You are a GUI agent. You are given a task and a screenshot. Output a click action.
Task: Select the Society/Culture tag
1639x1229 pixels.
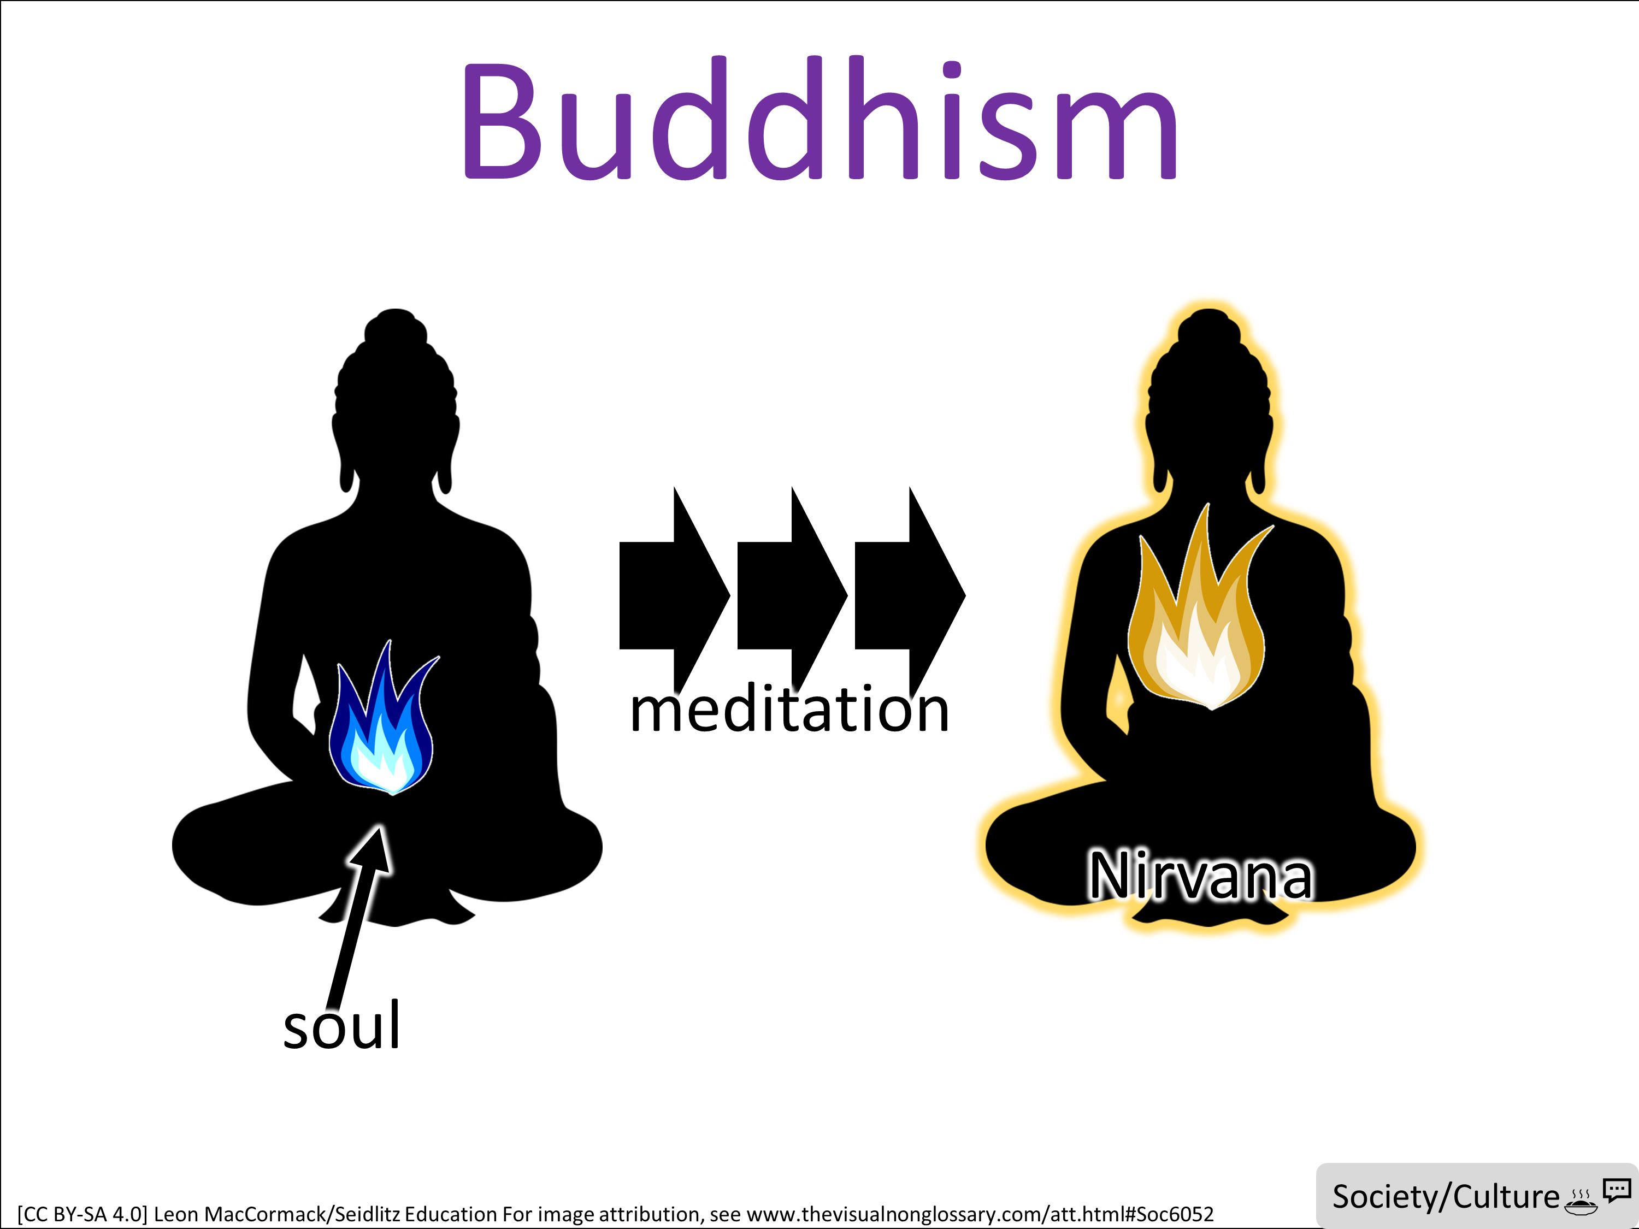tap(1446, 1196)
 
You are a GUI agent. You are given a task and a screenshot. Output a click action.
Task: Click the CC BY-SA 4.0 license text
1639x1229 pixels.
tap(82, 1214)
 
